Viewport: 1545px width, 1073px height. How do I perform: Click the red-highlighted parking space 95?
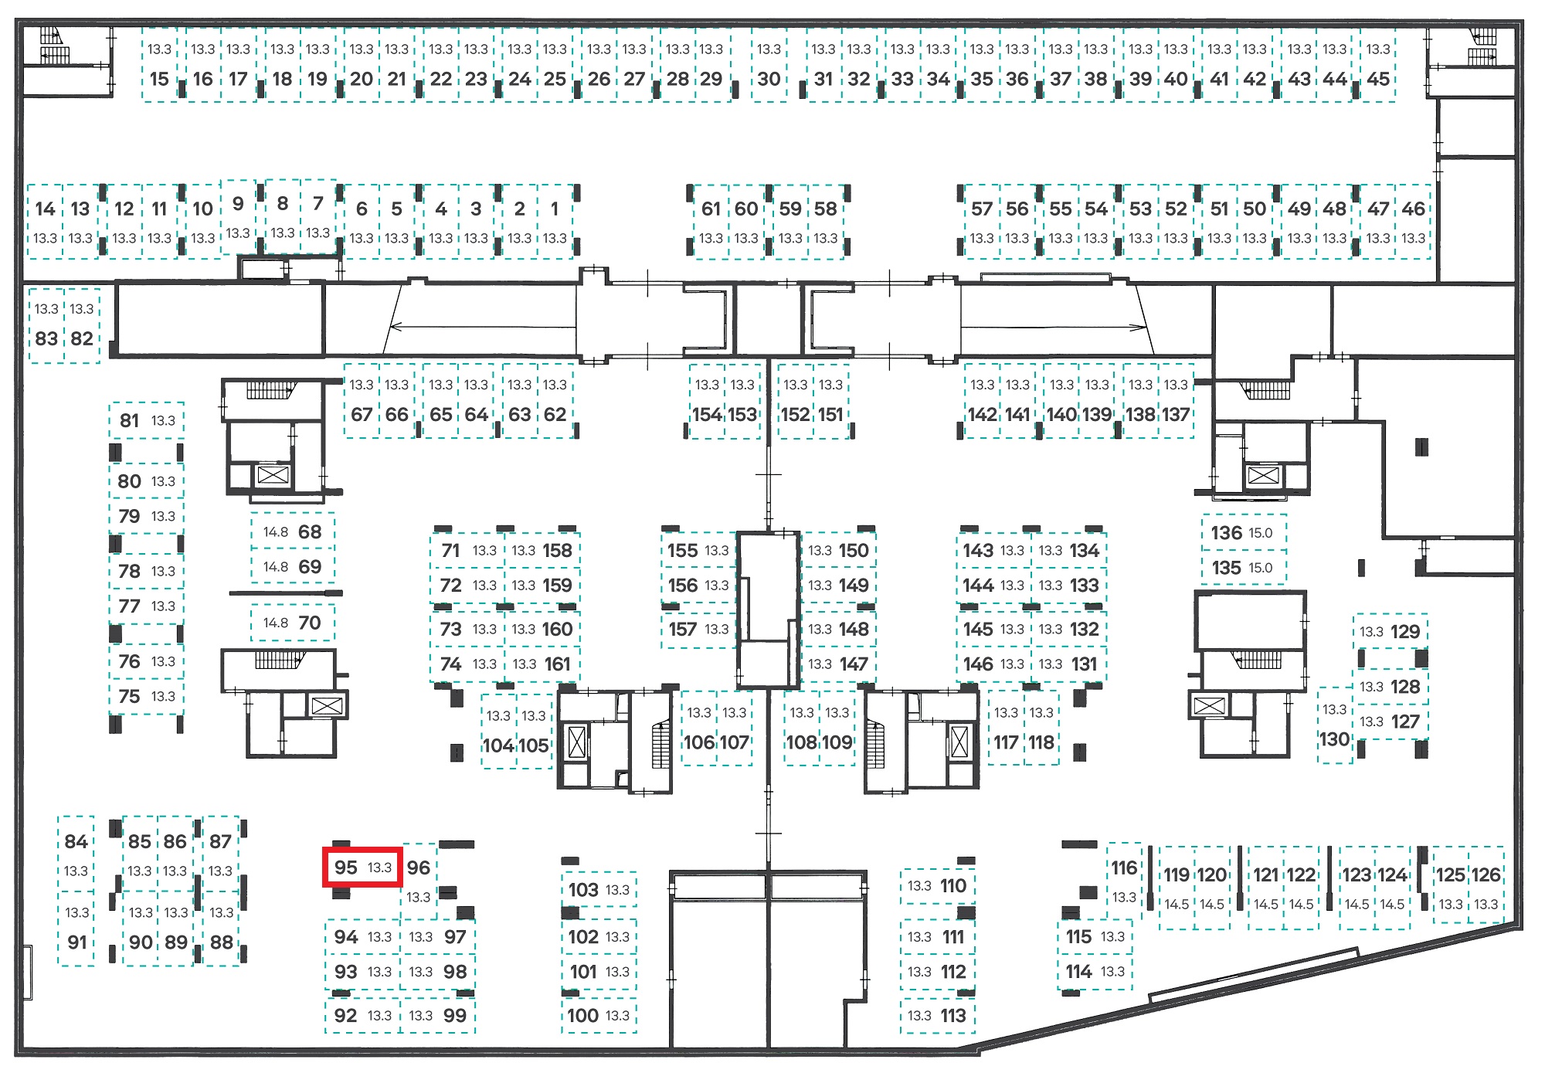[362, 868]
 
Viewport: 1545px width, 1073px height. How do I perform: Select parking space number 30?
[769, 65]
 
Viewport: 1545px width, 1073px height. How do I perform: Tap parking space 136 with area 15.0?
[1244, 532]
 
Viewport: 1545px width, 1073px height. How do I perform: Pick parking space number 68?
[293, 531]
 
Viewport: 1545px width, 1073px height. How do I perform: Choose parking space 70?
[293, 623]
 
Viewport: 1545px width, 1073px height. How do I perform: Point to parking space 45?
[1378, 65]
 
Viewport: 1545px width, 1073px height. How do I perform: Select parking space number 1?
[555, 222]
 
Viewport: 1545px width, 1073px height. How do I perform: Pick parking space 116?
[1124, 880]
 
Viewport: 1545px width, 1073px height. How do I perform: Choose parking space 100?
[599, 1015]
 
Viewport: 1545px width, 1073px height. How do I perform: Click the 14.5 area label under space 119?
[1177, 904]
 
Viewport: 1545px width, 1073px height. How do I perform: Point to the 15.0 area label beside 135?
[1261, 568]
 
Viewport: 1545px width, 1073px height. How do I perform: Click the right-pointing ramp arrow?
[1054, 326]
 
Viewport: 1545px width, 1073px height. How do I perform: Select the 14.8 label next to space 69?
[276, 566]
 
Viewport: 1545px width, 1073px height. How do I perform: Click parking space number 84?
[76, 853]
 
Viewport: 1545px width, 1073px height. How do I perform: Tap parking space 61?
[711, 222]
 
